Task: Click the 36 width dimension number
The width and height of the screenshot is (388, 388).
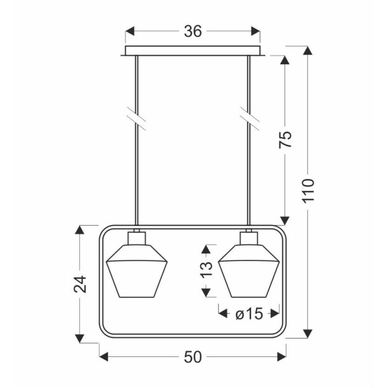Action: coord(193,32)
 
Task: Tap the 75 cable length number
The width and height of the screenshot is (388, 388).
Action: coord(285,139)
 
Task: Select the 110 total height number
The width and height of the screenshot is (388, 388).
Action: coord(308,190)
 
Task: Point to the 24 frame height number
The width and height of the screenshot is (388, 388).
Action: coord(80,284)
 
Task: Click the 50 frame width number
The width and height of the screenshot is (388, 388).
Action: coord(193,357)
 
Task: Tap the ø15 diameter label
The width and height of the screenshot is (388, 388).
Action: coord(249,314)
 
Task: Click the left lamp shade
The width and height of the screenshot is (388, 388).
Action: coord(136,270)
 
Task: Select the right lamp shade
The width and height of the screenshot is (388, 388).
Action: coord(249,270)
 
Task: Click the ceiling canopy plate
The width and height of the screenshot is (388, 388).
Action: coord(193,51)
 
